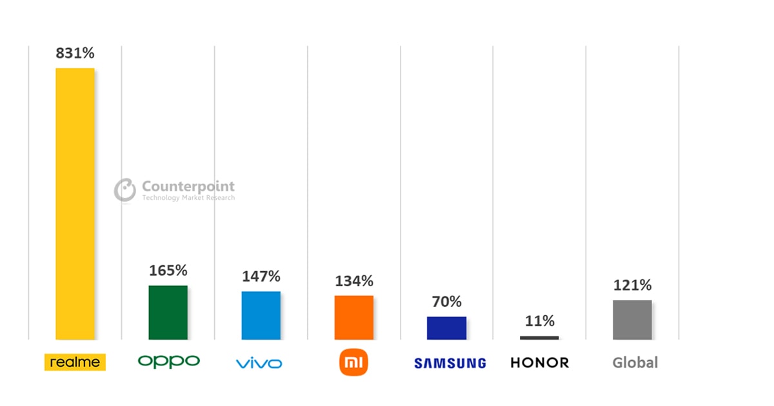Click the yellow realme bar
pyautogui.click(x=75, y=203)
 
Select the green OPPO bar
pyautogui.click(x=168, y=312)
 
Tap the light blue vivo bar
pyautogui.click(x=261, y=315)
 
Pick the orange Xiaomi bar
pyautogui.click(x=353, y=317)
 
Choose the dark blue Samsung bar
pyautogui.click(x=446, y=327)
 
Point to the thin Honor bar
pyautogui.click(x=539, y=338)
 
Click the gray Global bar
pyautogui.click(x=632, y=320)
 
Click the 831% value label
pyautogui.click(x=75, y=53)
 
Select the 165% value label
pyautogui.click(x=168, y=271)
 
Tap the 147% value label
pyautogui.click(x=261, y=276)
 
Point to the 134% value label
pyautogui.click(x=353, y=281)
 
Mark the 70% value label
pyautogui.click(x=446, y=302)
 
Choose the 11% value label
pyautogui.click(x=539, y=321)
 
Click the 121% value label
pyautogui.click(x=632, y=285)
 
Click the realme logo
pyautogui.click(x=75, y=362)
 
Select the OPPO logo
pyautogui.click(x=168, y=362)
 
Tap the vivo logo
pyautogui.click(x=259, y=363)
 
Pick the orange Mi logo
pyautogui.click(x=353, y=363)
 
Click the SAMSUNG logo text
pyautogui.click(x=450, y=363)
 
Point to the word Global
pyautogui.click(x=635, y=363)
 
